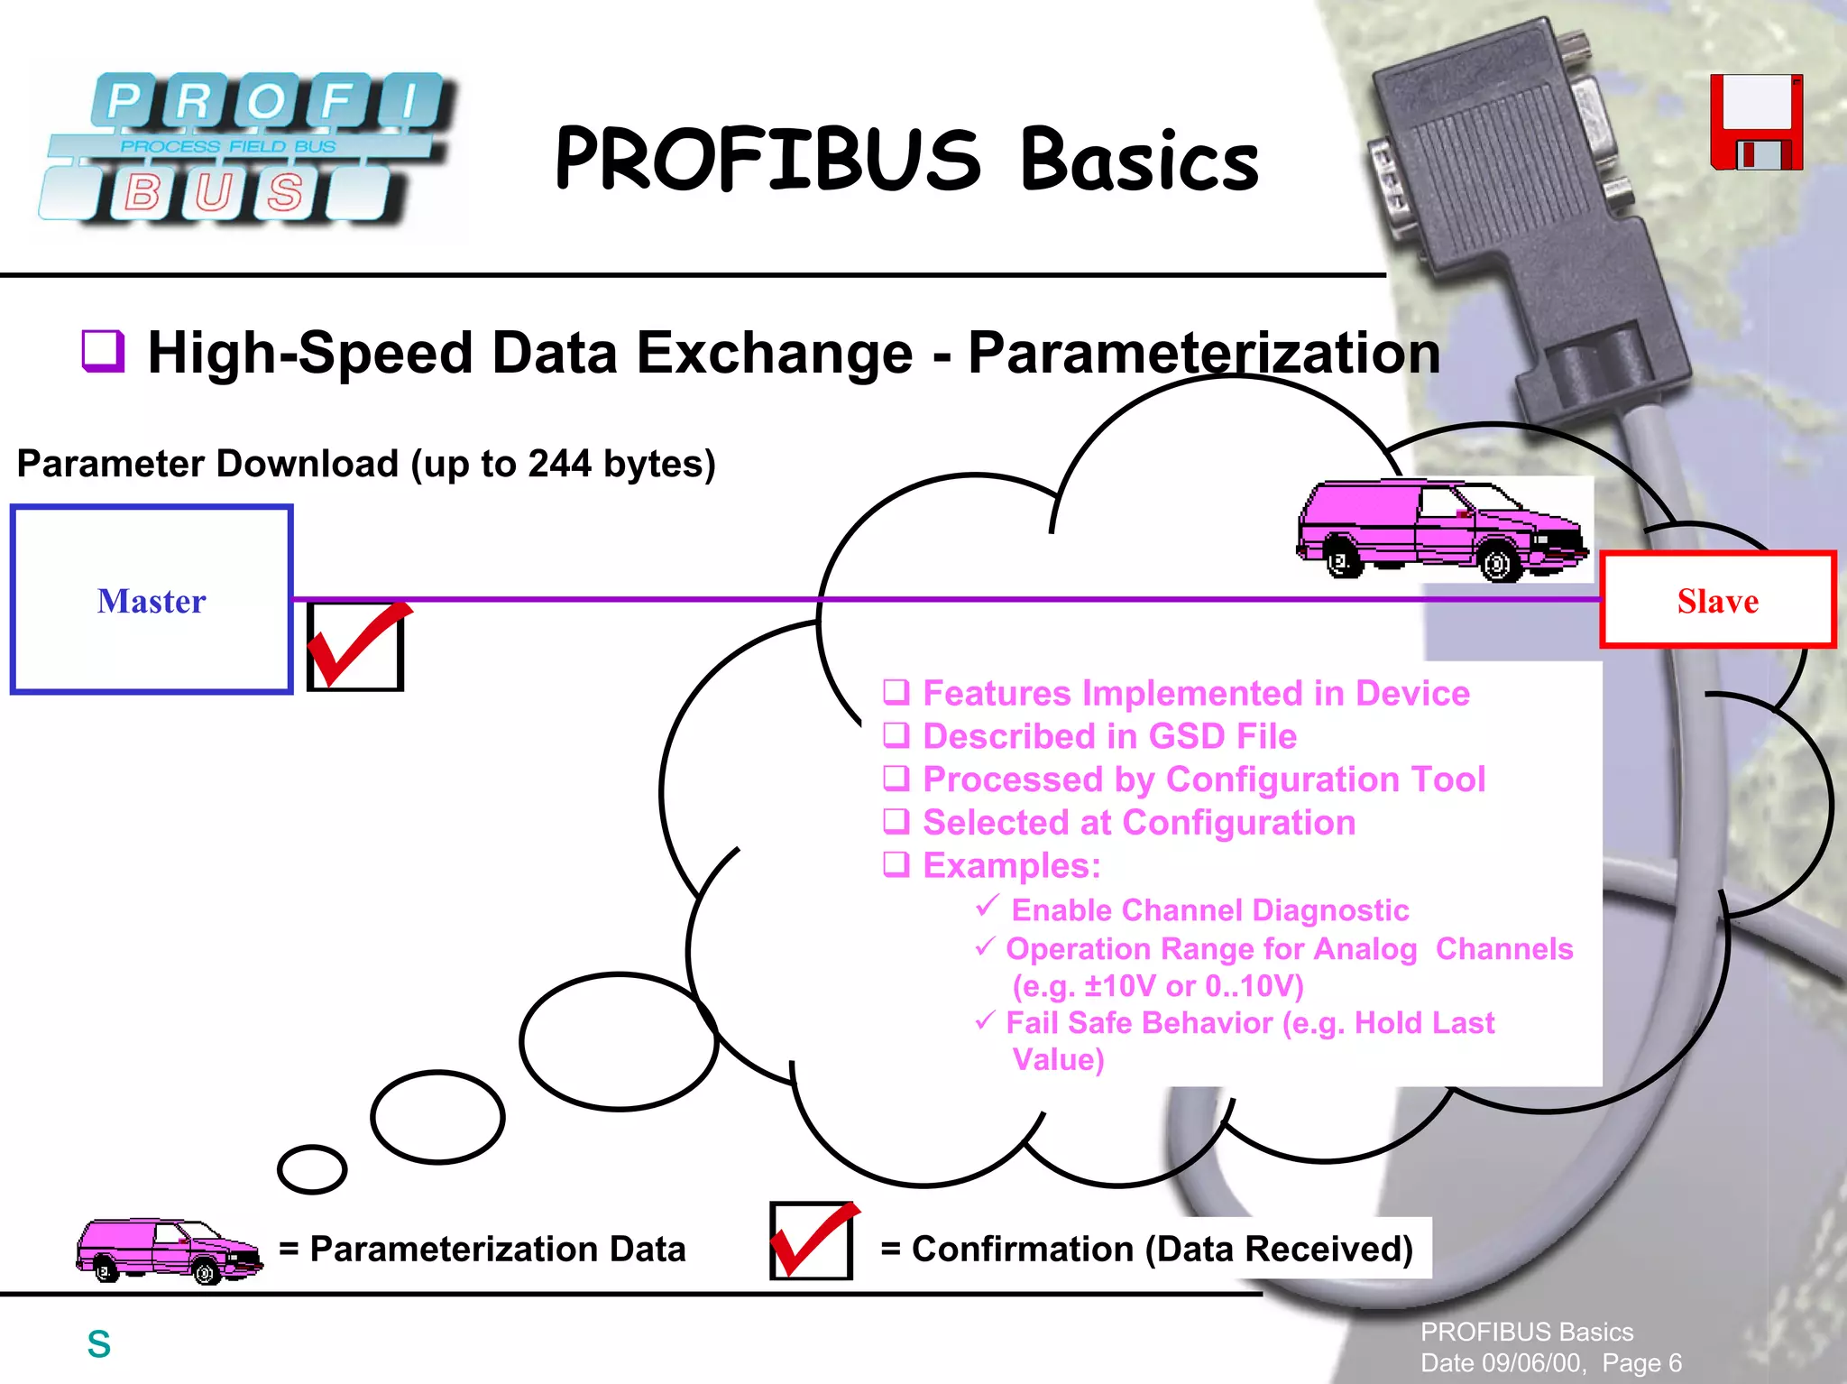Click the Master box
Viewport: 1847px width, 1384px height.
coord(152,600)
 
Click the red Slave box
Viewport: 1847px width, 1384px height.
coord(1718,600)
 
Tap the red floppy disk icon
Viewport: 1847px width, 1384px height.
coord(1756,123)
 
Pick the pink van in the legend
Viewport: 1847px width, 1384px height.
coord(170,1250)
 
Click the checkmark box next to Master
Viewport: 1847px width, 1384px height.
coord(355,646)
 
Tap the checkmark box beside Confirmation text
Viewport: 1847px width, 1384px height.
coord(812,1241)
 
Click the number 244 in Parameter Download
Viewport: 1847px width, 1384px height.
coord(559,464)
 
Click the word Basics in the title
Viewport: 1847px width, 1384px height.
coord(1139,161)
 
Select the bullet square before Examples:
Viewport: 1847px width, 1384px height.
coord(896,864)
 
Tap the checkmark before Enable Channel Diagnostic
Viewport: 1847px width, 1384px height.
coord(988,905)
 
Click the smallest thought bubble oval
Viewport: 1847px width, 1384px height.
coord(312,1169)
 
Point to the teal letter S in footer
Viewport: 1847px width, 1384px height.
coord(99,1344)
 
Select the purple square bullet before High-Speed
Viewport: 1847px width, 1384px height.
coord(103,350)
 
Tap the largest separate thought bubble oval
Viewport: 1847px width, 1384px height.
coord(619,1041)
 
